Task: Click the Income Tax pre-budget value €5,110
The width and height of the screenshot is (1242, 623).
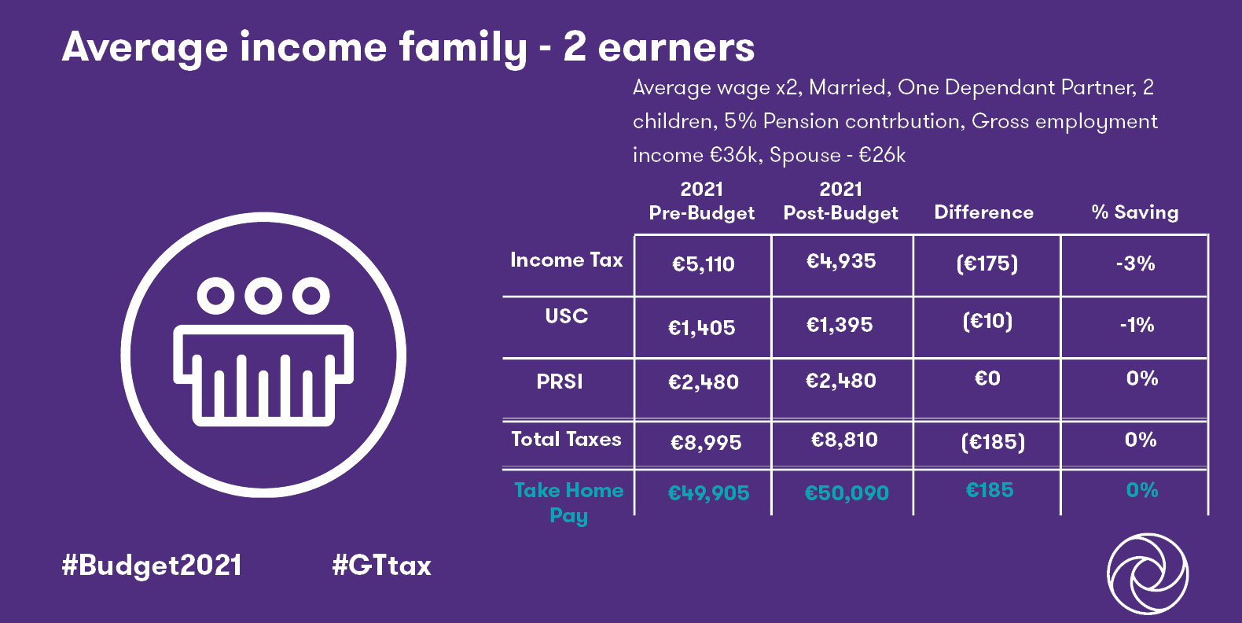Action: point(703,264)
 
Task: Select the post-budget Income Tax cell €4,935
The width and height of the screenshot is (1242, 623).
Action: point(841,261)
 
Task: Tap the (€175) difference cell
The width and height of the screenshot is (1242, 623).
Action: point(987,264)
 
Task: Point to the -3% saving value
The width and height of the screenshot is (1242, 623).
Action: point(1136,263)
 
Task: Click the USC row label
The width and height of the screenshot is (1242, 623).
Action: point(566,315)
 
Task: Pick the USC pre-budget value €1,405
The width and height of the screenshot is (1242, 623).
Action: point(701,328)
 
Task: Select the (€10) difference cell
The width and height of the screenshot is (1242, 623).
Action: point(987,321)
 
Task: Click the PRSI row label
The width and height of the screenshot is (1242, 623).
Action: point(560,382)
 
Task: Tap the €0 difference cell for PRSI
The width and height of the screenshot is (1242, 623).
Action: point(987,378)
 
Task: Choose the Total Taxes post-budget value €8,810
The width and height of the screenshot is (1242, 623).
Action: point(844,440)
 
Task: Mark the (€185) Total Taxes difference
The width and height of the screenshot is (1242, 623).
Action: point(993,442)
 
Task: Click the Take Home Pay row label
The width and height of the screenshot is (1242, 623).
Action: point(569,503)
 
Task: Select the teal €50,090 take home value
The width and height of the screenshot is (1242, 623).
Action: point(847,492)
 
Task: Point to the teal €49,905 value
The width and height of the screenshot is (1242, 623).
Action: point(708,492)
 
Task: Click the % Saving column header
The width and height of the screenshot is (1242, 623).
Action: point(1135,212)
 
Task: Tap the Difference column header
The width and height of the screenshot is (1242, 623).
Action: point(983,212)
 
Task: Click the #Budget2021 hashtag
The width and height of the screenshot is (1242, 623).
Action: point(152,566)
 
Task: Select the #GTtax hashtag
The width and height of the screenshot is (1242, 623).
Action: point(381,566)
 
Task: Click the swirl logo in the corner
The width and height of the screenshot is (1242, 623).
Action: point(1148,573)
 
